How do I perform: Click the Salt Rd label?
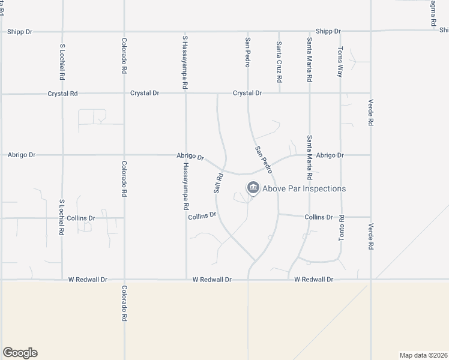click(219, 182)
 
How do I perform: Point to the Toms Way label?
click(340, 62)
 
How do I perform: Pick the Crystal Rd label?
click(63, 94)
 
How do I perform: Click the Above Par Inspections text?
click(304, 188)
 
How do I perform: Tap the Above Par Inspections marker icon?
click(253, 188)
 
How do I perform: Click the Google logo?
click(20, 353)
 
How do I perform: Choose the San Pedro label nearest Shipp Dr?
click(247, 52)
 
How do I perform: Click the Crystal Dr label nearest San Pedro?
click(247, 94)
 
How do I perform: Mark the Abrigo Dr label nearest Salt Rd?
click(190, 157)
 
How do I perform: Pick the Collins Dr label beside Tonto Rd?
click(318, 217)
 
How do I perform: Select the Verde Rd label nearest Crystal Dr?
click(371, 112)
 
